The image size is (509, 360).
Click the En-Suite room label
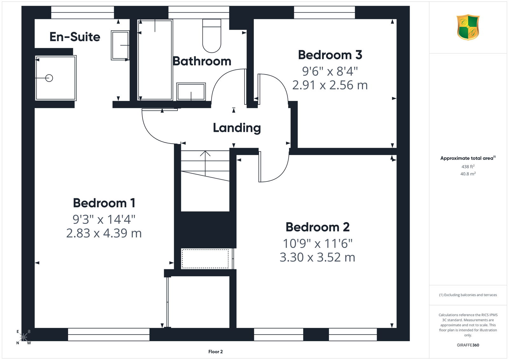[75, 37]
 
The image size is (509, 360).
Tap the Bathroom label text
[202, 61]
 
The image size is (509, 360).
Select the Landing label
[237, 128]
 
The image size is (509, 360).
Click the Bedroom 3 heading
[330, 55]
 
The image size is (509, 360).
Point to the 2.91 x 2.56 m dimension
[330, 85]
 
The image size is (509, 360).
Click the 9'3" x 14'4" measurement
[104, 219]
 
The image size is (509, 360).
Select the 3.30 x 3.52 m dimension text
[317, 257]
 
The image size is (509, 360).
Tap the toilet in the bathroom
[212, 36]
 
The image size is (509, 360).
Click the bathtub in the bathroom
[155, 60]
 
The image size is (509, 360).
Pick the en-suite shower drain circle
[49, 78]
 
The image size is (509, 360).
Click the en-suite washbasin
[120, 45]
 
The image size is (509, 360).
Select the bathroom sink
[191, 92]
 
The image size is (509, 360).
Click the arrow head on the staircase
[205, 153]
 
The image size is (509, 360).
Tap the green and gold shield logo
[468, 27]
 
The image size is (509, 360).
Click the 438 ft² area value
[468, 166]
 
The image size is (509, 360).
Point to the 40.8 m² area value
[468, 174]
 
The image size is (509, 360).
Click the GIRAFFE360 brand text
[468, 345]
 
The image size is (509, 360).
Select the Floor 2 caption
[215, 352]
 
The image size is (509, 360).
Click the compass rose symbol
[24, 337]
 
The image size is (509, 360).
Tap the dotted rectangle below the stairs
[205, 258]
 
